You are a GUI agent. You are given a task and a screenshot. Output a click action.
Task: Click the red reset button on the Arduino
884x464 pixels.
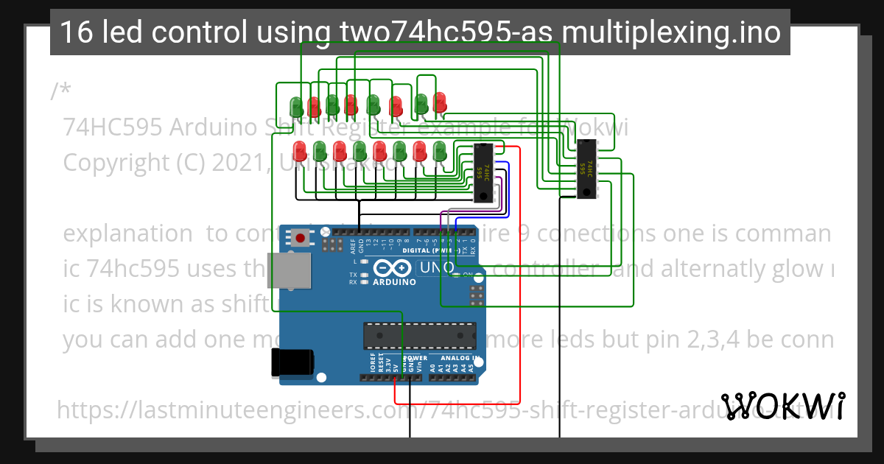(x=301, y=238)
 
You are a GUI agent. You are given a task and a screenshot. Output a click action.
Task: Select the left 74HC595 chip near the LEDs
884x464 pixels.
(x=483, y=172)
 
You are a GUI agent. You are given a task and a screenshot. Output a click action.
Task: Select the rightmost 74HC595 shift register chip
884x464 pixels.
(x=586, y=170)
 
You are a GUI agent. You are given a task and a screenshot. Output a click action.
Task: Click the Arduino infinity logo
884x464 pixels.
(x=388, y=267)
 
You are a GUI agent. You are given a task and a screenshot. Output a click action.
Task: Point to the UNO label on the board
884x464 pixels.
(x=435, y=267)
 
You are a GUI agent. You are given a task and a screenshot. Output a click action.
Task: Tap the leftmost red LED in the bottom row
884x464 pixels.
(x=301, y=152)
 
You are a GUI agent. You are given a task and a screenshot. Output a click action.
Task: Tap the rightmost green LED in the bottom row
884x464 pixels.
(x=440, y=152)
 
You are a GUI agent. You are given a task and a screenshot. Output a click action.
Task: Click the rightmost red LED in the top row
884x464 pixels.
(x=440, y=101)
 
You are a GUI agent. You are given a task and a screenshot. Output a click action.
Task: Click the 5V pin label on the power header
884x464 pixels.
(x=396, y=365)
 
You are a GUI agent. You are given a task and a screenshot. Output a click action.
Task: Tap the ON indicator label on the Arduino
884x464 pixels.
(x=467, y=275)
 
